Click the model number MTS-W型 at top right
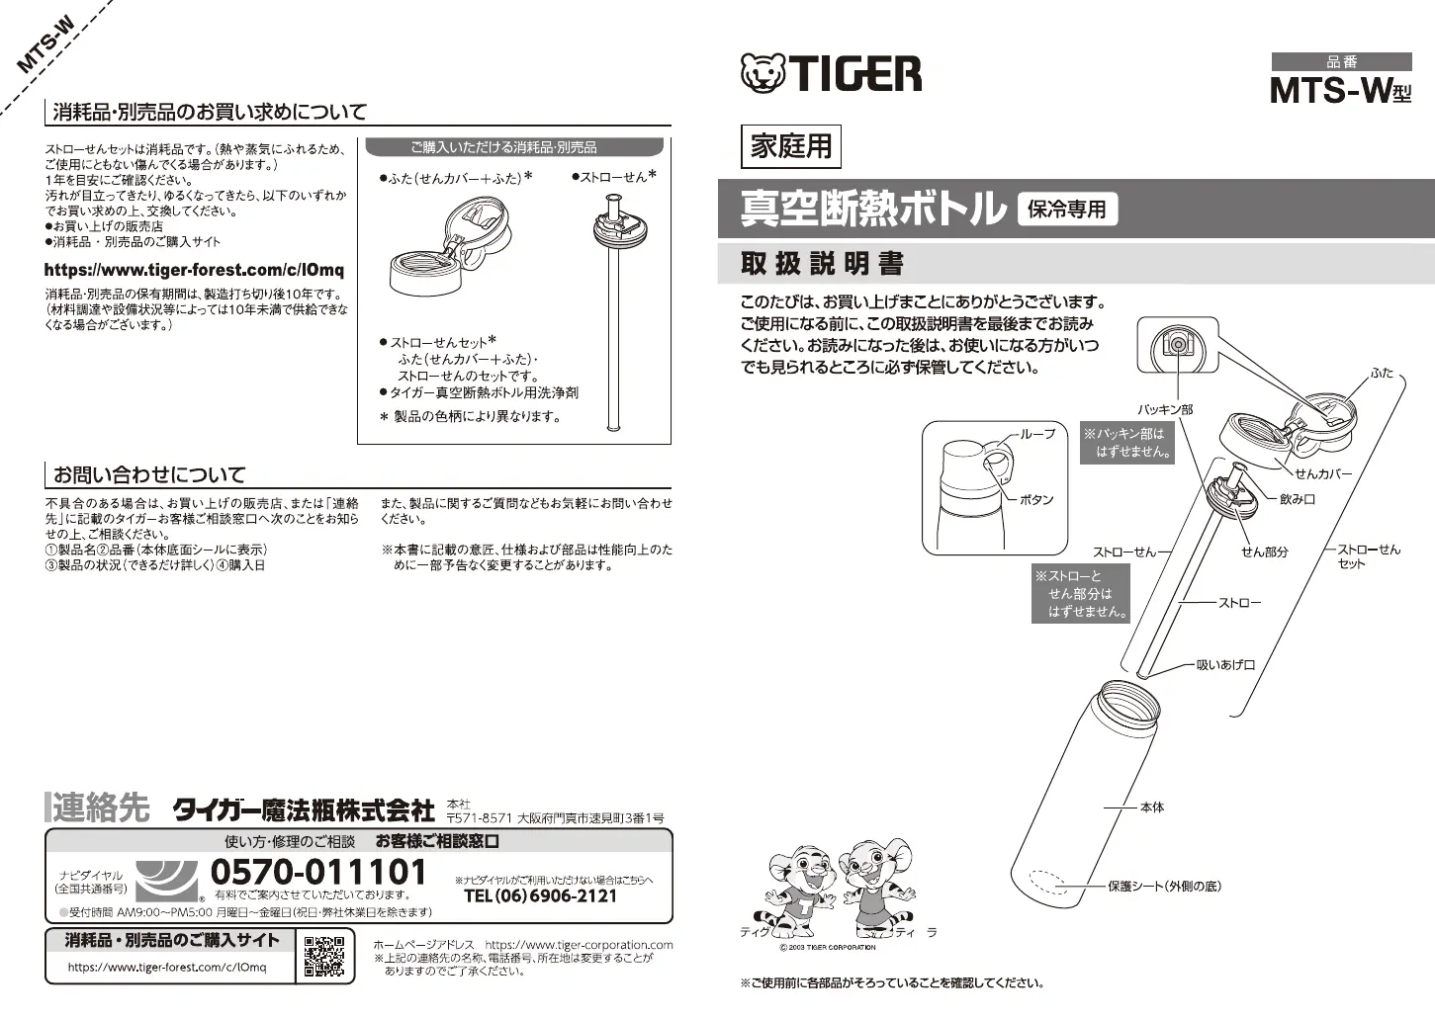[1340, 91]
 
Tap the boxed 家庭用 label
[790, 146]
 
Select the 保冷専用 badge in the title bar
[1067, 209]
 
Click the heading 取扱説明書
[822, 264]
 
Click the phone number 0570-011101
[318, 872]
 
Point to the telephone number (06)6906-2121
[540, 896]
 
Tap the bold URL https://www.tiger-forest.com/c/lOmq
[194, 270]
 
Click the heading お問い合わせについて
[149, 474]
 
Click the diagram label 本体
[1151, 807]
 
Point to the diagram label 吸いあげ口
[1225, 665]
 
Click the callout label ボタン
[1035, 500]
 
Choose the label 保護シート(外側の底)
[1164, 886]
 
